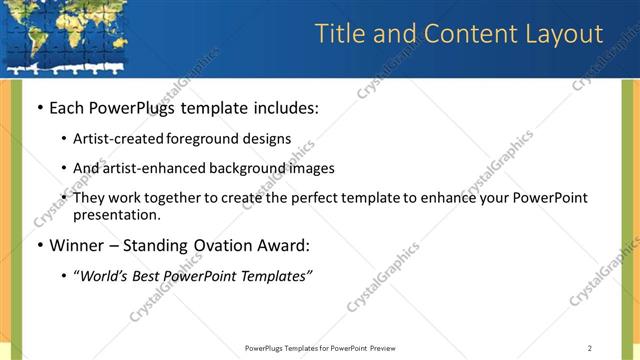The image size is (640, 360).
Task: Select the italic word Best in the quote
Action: click(151, 276)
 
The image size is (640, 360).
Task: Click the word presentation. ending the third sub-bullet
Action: click(116, 214)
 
